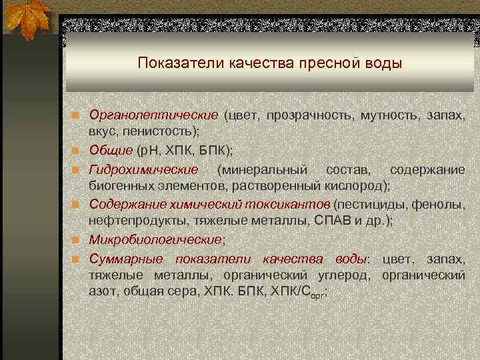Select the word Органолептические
(x=154, y=115)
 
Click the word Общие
(x=106, y=150)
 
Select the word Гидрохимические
(x=144, y=170)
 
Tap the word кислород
(x=359, y=185)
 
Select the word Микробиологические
(x=155, y=239)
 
